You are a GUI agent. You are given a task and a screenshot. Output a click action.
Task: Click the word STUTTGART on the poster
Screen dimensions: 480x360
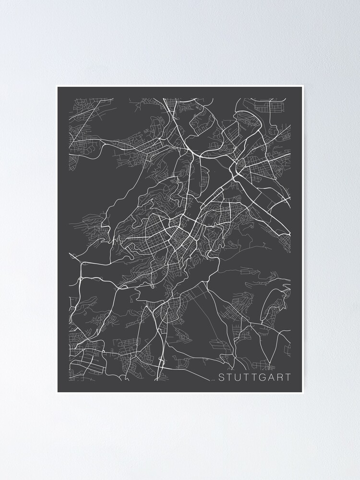click(254, 377)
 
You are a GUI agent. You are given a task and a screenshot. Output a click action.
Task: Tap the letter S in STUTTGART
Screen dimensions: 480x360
click(222, 377)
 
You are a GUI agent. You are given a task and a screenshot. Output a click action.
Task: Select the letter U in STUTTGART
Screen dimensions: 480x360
click(239, 377)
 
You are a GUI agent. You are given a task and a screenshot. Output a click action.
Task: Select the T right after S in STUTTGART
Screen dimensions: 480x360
click(230, 377)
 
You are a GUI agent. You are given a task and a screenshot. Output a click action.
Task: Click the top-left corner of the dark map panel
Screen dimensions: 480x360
click(58, 87)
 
